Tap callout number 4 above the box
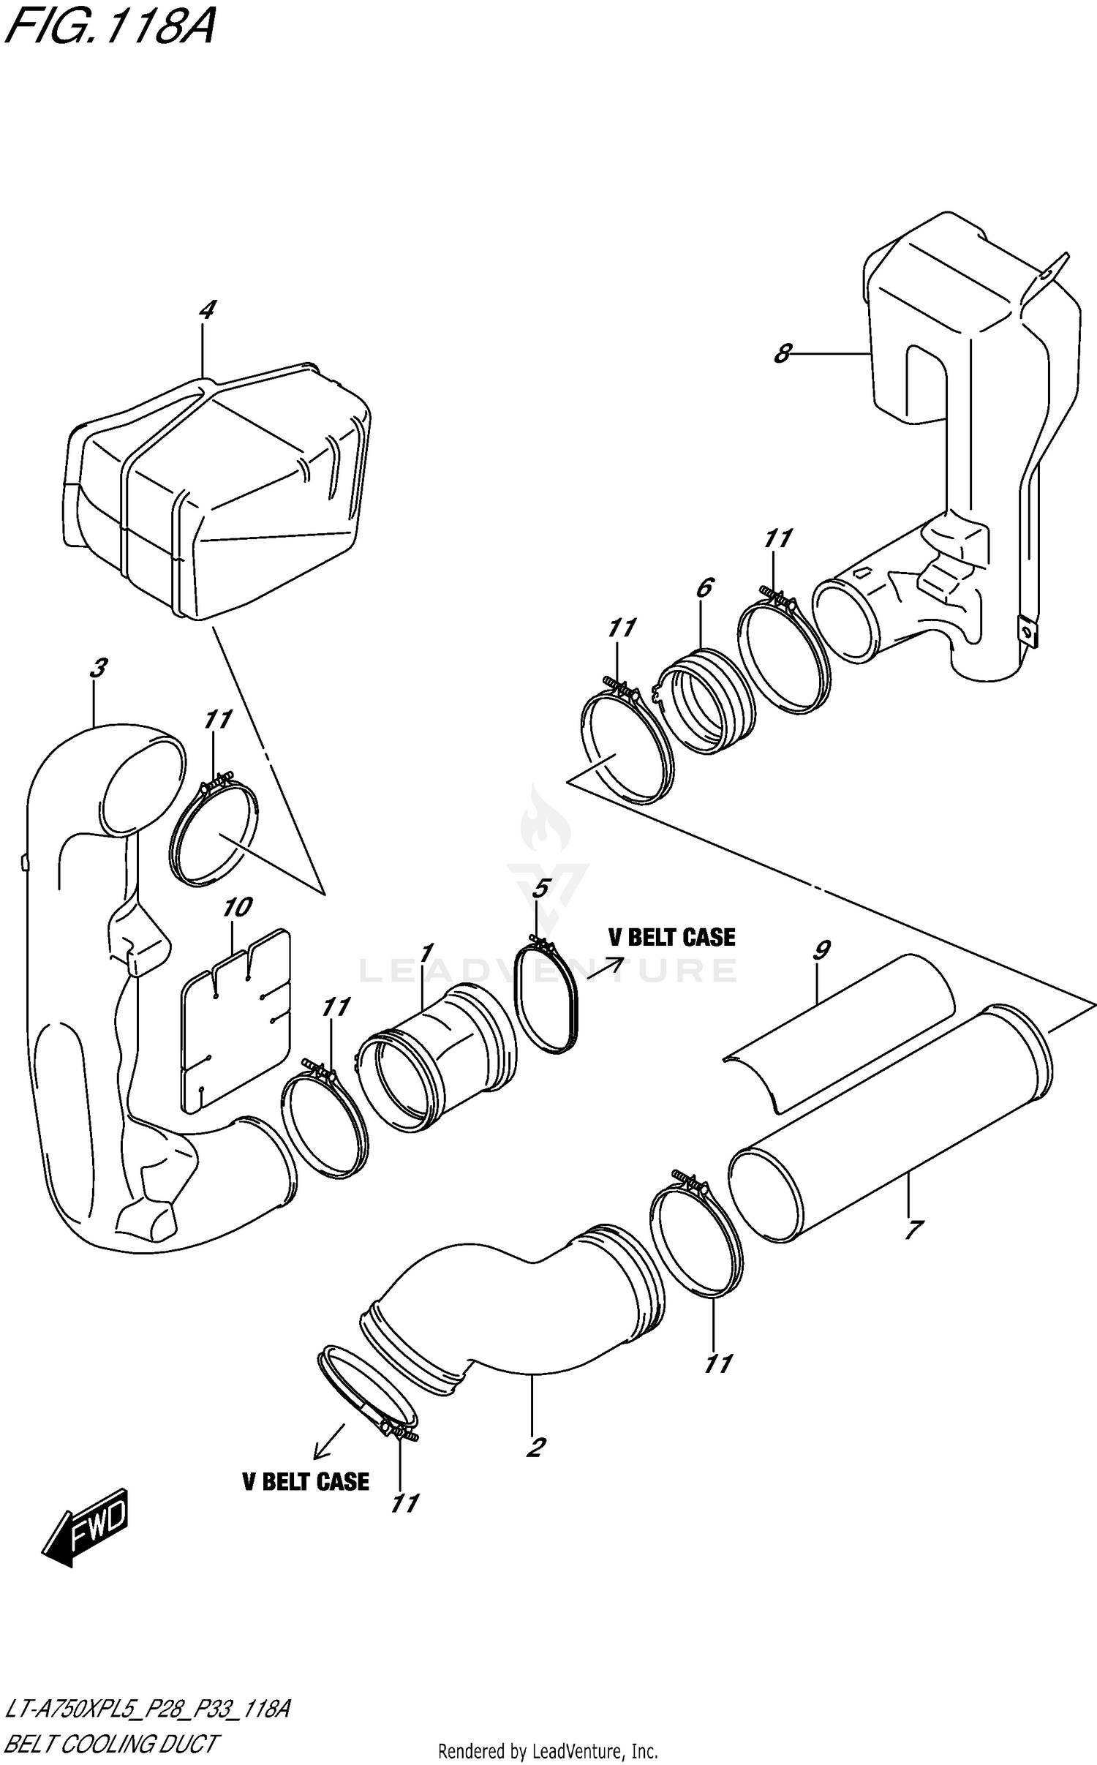click(207, 310)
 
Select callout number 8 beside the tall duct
click(782, 354)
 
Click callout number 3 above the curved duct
click(99, 667)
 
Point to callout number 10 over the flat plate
click(237, 908)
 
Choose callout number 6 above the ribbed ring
click(704, 587)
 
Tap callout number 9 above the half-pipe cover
click(821, 950)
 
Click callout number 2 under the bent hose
click(536, 1447)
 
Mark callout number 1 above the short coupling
click(426, 952)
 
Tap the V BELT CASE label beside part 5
click(671, 938)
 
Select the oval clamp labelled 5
click(547, 998)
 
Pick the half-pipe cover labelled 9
click(841, 1031)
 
